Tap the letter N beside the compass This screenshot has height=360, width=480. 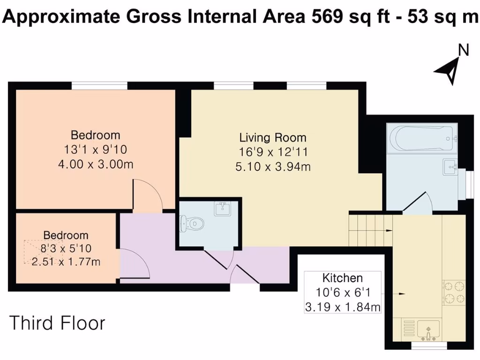tap(463, 50)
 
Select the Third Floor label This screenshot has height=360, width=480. tap(57, 323)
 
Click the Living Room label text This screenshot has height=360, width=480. tap(273, 138)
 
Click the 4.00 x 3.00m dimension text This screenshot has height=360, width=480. tap(95, 165)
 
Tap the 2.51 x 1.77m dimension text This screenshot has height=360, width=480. tap(66, 262)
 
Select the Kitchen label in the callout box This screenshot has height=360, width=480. tap(342, 277)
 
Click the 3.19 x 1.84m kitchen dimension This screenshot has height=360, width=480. tap(342, 307)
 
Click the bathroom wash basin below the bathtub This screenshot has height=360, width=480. tap(451, 165)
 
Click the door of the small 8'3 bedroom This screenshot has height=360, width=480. tap(135, 263)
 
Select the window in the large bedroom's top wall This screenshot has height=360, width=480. tap(99, 85)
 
